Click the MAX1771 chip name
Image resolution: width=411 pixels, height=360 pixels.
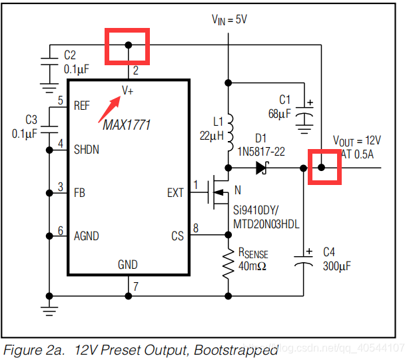[x=127, y=125]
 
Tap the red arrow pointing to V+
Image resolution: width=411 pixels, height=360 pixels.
[x=109, y=109]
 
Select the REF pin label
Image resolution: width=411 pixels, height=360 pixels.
[x=82, y=106]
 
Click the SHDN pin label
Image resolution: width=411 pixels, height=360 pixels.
[x=87, y=150]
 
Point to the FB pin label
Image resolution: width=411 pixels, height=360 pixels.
[x=80, y=193]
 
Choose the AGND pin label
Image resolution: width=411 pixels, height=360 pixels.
[x=87, y=236]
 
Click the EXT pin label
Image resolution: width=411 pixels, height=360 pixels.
[x=175, y=193]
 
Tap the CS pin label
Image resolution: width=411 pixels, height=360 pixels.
[x=177, y=236]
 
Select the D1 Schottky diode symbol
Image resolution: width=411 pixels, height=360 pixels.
[x=262, y=168]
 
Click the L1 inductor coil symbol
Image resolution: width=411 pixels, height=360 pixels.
[x=230, y=132]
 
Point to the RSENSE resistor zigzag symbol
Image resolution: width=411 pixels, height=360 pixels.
[x=228, y=263]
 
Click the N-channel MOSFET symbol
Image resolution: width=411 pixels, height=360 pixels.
[x=218, y=193]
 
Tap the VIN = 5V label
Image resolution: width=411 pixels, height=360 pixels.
[x=229, y=20]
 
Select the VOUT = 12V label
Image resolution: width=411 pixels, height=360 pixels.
[x=357, y=141]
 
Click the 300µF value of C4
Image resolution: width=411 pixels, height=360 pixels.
[x=337, y=266]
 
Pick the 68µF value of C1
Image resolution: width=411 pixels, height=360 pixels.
[x=279, y=114]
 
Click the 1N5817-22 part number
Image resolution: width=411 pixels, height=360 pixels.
[x=261, y=152]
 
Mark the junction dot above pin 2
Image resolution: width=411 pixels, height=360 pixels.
[x=129, y=45]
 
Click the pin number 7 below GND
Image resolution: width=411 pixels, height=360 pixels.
[x=135, y=286]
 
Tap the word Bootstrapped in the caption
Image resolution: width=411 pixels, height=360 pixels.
[x=236, y=350]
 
